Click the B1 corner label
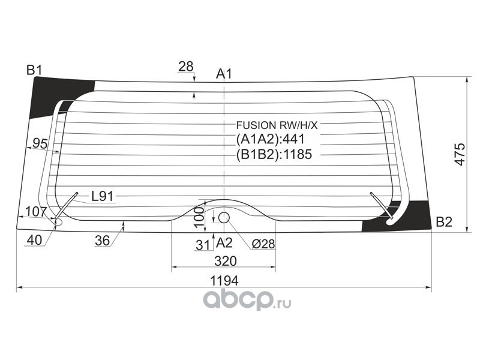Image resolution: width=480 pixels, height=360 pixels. click(34, 70)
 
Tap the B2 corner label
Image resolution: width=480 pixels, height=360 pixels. click(443, 222)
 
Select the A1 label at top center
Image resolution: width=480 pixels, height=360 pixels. click(224, 74)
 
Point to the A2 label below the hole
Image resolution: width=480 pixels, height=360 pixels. click(224, 243)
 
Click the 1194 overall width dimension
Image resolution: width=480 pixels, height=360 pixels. click(224, 280)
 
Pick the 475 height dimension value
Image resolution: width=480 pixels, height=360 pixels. click(460, 155)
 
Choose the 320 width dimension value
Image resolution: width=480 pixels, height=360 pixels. click(224, 261)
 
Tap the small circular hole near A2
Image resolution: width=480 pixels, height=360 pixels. click(224, 217)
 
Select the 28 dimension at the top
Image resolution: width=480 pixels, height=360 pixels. click(186, 66)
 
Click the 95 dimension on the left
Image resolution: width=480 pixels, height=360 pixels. click(40, 143)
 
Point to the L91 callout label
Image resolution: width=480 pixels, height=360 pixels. click(103, 196)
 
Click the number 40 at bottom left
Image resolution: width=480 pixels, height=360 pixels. click(35, 240)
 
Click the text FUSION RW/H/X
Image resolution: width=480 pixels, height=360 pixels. click(276, 125)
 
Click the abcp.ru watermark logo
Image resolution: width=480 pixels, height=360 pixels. click(247, 298)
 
